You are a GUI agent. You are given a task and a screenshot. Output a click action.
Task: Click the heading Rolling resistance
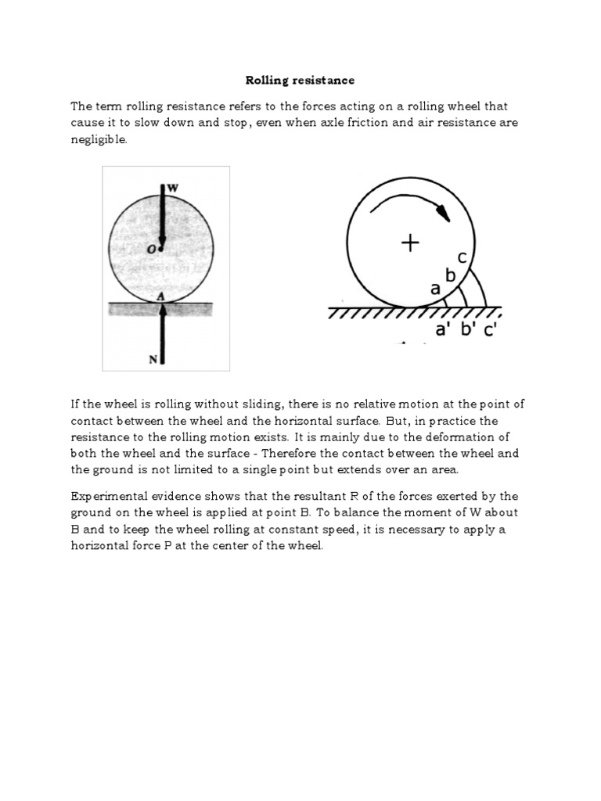click(300, 80)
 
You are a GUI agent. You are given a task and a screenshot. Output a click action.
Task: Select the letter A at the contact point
click(160, 296)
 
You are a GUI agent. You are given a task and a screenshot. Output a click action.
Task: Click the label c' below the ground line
click(491, 331)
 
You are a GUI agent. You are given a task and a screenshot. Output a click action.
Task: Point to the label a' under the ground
click(444, 331)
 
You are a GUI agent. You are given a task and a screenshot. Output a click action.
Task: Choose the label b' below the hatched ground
click(468, 331)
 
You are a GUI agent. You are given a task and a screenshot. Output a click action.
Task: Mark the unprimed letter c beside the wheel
click(463, 258)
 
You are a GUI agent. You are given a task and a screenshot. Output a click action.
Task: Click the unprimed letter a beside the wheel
click(436, 288)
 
